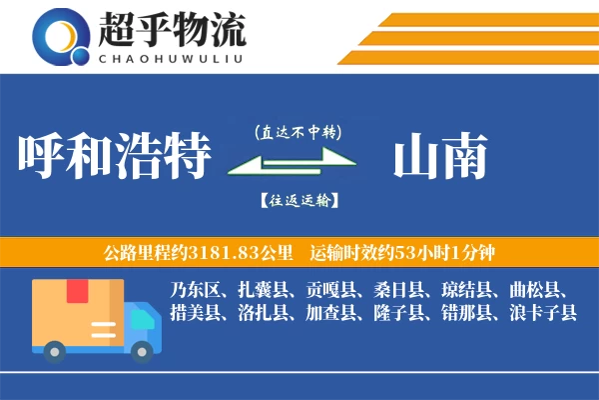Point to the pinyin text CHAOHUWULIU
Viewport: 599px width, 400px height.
[x=171, y=58]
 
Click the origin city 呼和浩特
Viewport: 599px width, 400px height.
[x=116, y=157]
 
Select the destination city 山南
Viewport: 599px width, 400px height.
[x=440, y=157]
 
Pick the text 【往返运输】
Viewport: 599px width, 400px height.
[x=298, y=200]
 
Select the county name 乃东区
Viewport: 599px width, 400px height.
[x=195, y=291]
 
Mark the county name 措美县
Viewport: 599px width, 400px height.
[x=195, y=314]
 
